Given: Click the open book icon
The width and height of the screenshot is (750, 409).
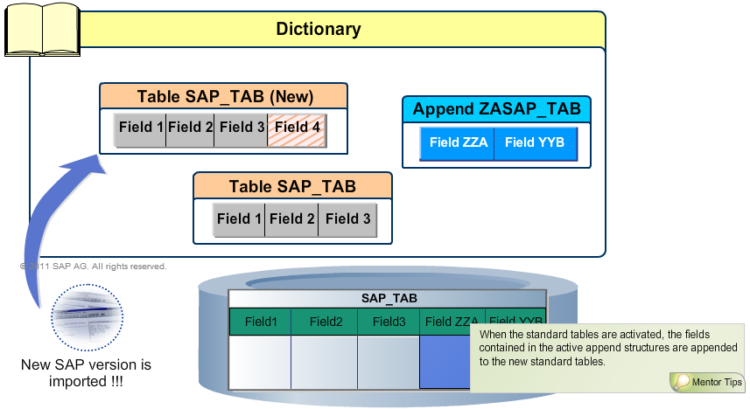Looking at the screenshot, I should tap(39, 31).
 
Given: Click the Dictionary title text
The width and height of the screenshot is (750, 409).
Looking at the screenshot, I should tap(319, 29).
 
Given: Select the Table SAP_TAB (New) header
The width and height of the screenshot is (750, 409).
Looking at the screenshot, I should tap(224, 96).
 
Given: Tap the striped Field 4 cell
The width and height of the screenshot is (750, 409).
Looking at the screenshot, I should tap(297, 128).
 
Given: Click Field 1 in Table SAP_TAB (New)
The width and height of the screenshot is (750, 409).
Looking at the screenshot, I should tap(140, 128).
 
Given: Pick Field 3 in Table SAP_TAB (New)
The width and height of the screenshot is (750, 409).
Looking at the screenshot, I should tap(242, 128).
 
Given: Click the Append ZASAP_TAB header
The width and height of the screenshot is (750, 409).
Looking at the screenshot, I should tap(496, 109).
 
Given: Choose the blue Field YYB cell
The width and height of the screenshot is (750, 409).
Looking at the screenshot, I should tap(535, 143).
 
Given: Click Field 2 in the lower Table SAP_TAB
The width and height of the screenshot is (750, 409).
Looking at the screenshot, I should tap(291, 219).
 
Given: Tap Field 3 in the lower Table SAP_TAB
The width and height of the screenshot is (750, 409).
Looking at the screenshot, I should tap(347, 219).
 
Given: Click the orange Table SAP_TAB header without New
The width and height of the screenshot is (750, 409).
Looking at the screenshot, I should tap(292, 186).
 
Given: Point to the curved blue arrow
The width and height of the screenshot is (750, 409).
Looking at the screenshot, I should tap(53, 227).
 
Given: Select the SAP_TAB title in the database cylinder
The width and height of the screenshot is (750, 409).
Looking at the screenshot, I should tap(388, 298).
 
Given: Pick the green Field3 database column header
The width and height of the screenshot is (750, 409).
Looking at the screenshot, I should tap(389, 322).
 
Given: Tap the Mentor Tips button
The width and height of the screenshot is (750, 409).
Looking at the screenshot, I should tap(707, 382).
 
